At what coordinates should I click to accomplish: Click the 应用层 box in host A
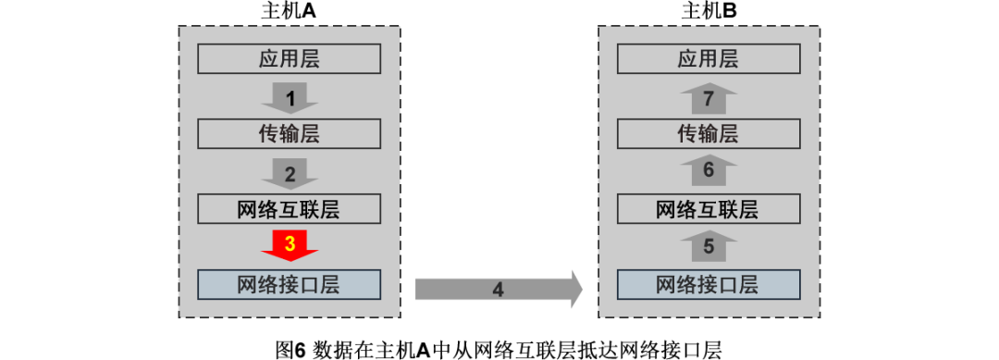[x=289, y=60]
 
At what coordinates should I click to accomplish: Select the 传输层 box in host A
[x=289, y=134]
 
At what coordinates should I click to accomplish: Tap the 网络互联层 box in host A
[x=289, y=209]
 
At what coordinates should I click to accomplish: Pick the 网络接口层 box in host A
[x=289, y=284]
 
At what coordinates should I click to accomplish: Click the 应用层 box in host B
[x=708, y=60]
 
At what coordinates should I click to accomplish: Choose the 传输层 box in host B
[x=708, y=134]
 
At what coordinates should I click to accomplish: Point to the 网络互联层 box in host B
[x=708, y=209]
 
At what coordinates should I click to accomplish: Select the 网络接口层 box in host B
[x=708, y=284]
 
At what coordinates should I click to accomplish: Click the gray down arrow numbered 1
[x=290, y=97]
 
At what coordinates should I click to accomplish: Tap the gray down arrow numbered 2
[x=290, y=172]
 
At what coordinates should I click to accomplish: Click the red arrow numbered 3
[x=290, y=245]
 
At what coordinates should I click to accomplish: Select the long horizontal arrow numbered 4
[x=498, y=289]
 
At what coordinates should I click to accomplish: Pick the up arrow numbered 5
[x=709, y=247]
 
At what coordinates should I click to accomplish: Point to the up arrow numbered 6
[x=709, y=171]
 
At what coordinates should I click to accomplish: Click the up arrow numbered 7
[x=709, y=98]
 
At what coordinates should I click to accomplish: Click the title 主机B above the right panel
[x=709, y=11]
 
